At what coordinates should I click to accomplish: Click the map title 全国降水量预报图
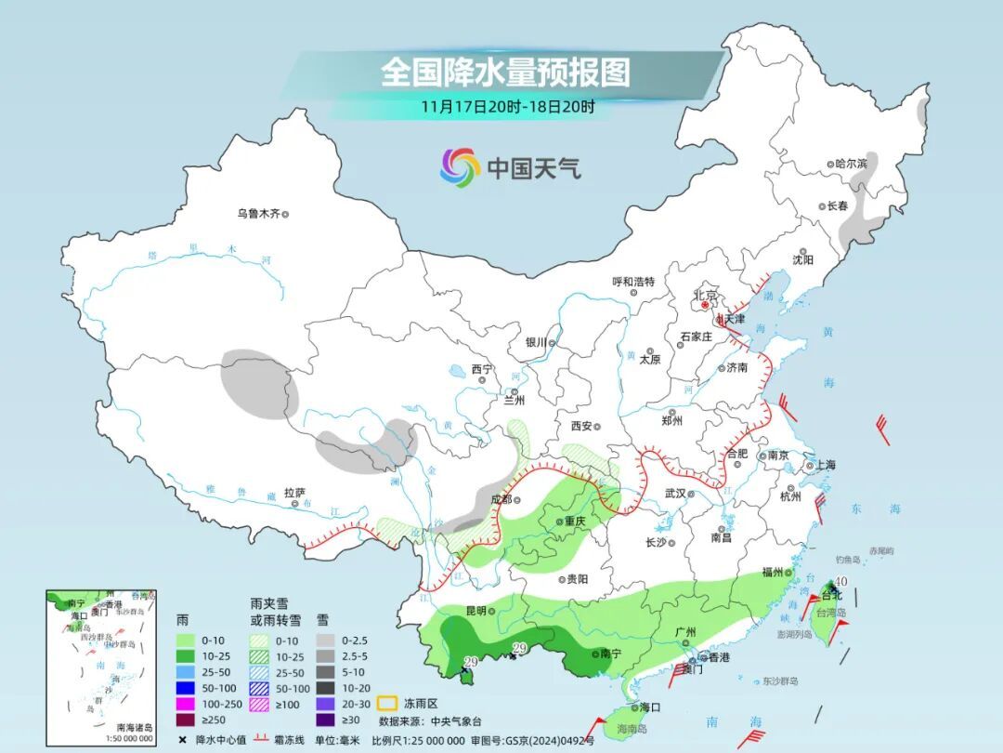pyautogui.click(x=505, y=71)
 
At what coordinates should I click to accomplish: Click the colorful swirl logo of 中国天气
pyautogui.click(x=459, y=167)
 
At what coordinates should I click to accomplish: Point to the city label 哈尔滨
pyautogui.click(x=851, y=163)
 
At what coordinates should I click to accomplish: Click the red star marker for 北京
pyautogui.click(x=706, y=304)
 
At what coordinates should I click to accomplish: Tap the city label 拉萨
pyautogui.click(x=294, y=493)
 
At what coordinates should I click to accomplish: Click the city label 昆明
pyautogui.click(x=475, y=611)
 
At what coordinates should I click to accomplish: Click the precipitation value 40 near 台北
pyautogui.click(x=840, y=581)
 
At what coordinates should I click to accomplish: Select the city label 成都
pyautogui.click(x=500, y=499)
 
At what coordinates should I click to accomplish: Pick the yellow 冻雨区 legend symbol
pyautogui.click(x=388, y=703)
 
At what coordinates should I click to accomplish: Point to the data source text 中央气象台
pyautogui.click(x=456, y=720)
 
